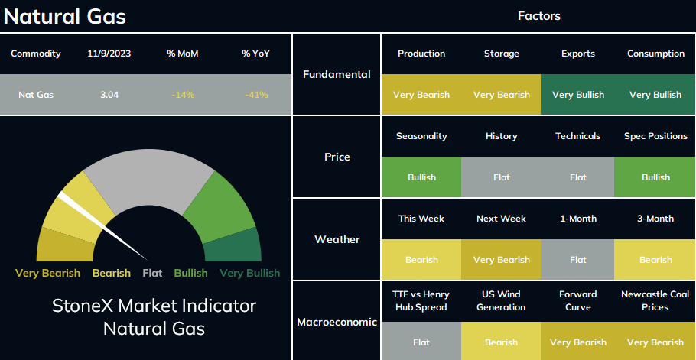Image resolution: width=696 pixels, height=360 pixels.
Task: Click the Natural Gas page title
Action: point(65,17)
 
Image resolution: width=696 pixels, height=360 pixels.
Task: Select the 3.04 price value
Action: point(109,95)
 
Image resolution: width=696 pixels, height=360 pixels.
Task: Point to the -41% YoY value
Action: point(256,95)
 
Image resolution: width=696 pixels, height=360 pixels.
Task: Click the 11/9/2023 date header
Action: point(109,54)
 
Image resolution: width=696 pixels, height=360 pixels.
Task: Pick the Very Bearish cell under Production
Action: point(421,95)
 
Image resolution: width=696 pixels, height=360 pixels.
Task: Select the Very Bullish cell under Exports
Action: point(577,95)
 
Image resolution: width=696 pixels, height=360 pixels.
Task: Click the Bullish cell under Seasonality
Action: point(421,177)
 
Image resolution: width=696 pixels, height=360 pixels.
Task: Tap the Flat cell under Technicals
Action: point(577,177)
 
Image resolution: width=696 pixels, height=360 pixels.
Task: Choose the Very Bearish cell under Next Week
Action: point(501,260)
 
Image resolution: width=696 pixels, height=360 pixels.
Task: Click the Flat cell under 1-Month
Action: point(577,260)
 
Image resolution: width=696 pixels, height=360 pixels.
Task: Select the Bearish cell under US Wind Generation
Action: point(501,342)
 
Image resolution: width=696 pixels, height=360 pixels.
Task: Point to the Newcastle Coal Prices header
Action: point(655,300)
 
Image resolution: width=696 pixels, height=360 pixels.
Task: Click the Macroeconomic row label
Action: point(337,322)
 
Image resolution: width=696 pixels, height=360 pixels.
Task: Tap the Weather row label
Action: point(337,239)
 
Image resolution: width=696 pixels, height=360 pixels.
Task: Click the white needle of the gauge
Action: point(103,226)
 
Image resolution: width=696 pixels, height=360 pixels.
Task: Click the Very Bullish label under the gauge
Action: point(250,273)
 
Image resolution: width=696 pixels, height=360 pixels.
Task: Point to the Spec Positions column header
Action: point(655,136)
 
